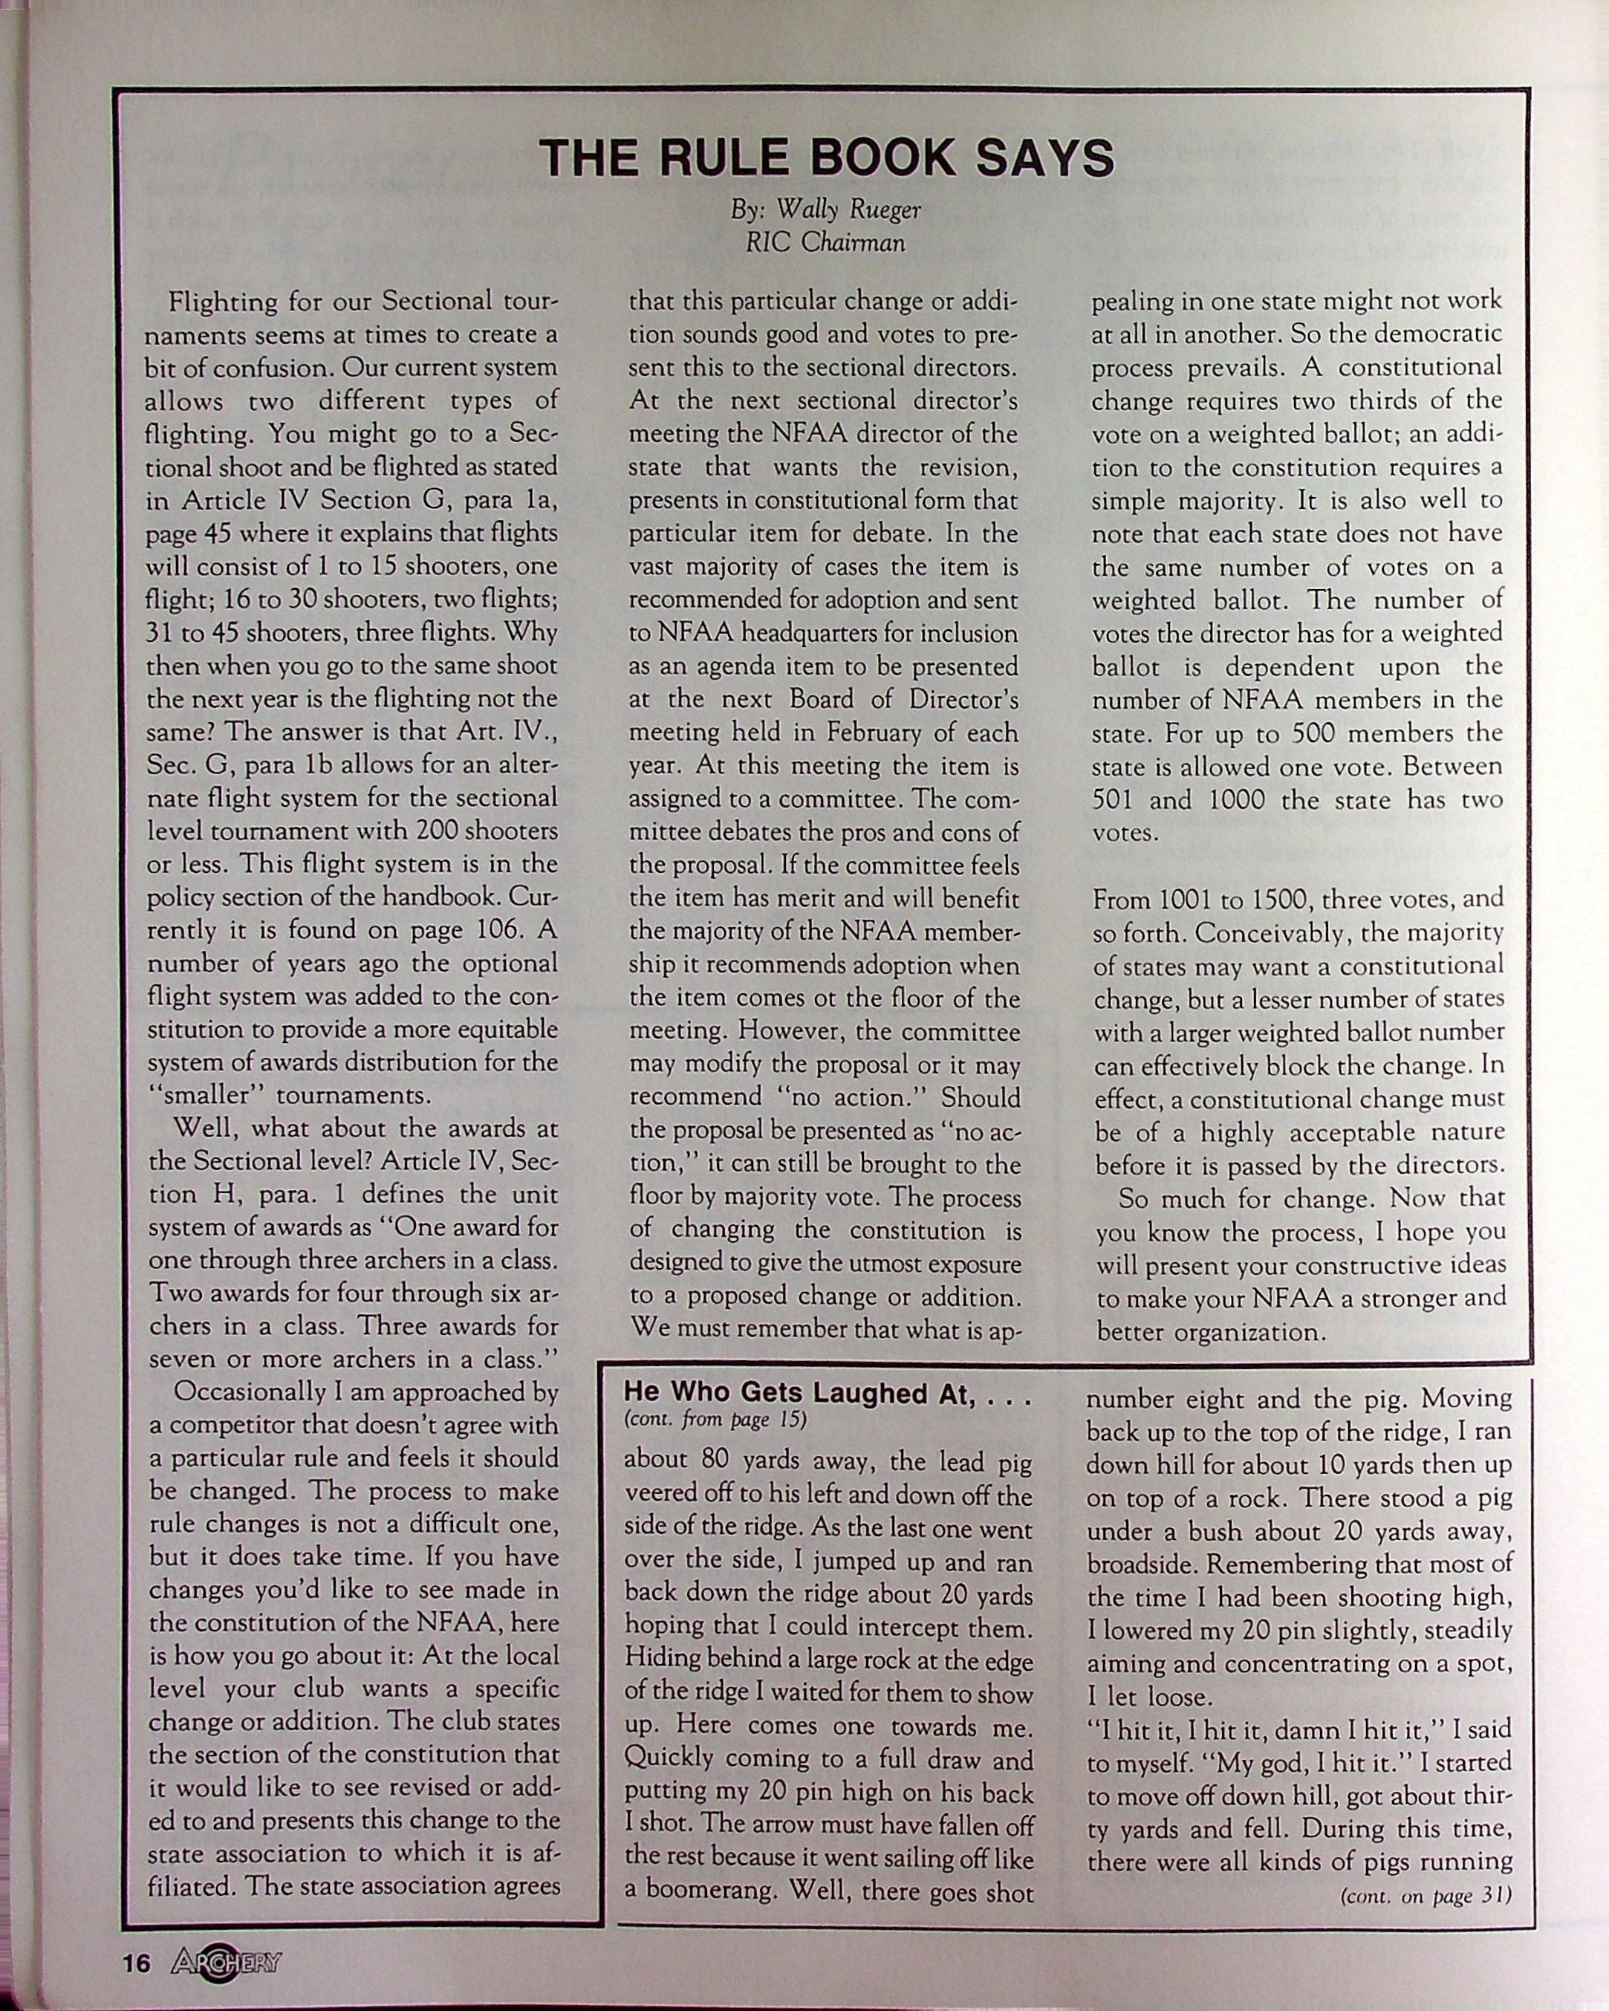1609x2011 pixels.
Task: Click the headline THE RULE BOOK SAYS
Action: [x=827, y=157]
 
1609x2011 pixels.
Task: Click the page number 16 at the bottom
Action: [x=136, y=1963]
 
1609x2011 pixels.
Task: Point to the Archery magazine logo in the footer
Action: [x=226, y=1963]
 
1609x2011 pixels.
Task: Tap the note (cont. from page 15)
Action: [x=715, y=1420]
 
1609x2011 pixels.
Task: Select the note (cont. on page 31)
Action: [x=1424, y=1895]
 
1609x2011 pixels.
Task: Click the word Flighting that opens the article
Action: [x=223, y=302]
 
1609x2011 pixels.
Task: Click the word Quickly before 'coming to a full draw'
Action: [x=668, y=1759]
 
